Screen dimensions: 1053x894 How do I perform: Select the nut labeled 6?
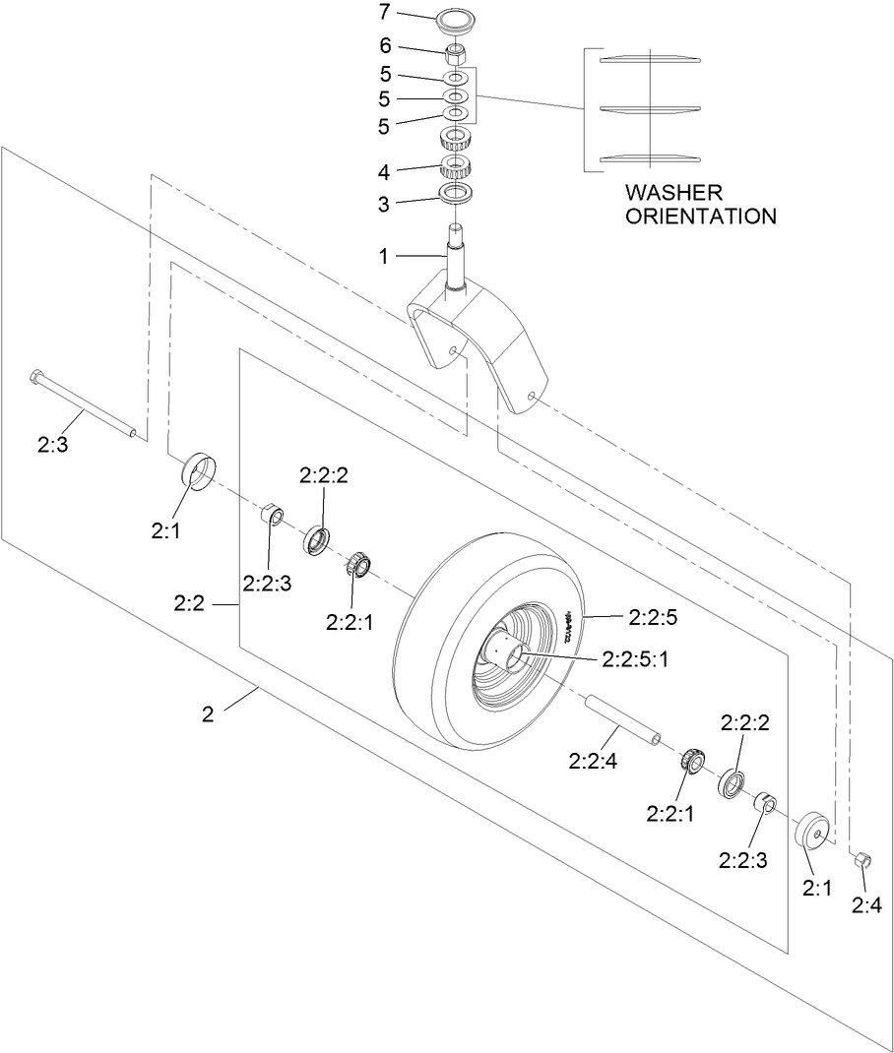click(455, 50)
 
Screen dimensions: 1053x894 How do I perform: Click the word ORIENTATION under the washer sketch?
click(700, 216)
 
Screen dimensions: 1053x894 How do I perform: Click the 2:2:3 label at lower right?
click(747, 857)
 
